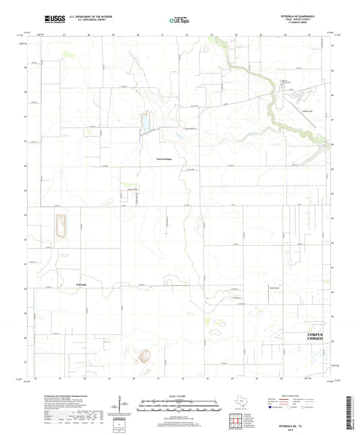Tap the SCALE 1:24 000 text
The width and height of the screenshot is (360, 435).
(x=179, y=395)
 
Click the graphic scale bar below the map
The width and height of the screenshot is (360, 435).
(x=179, y=405)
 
